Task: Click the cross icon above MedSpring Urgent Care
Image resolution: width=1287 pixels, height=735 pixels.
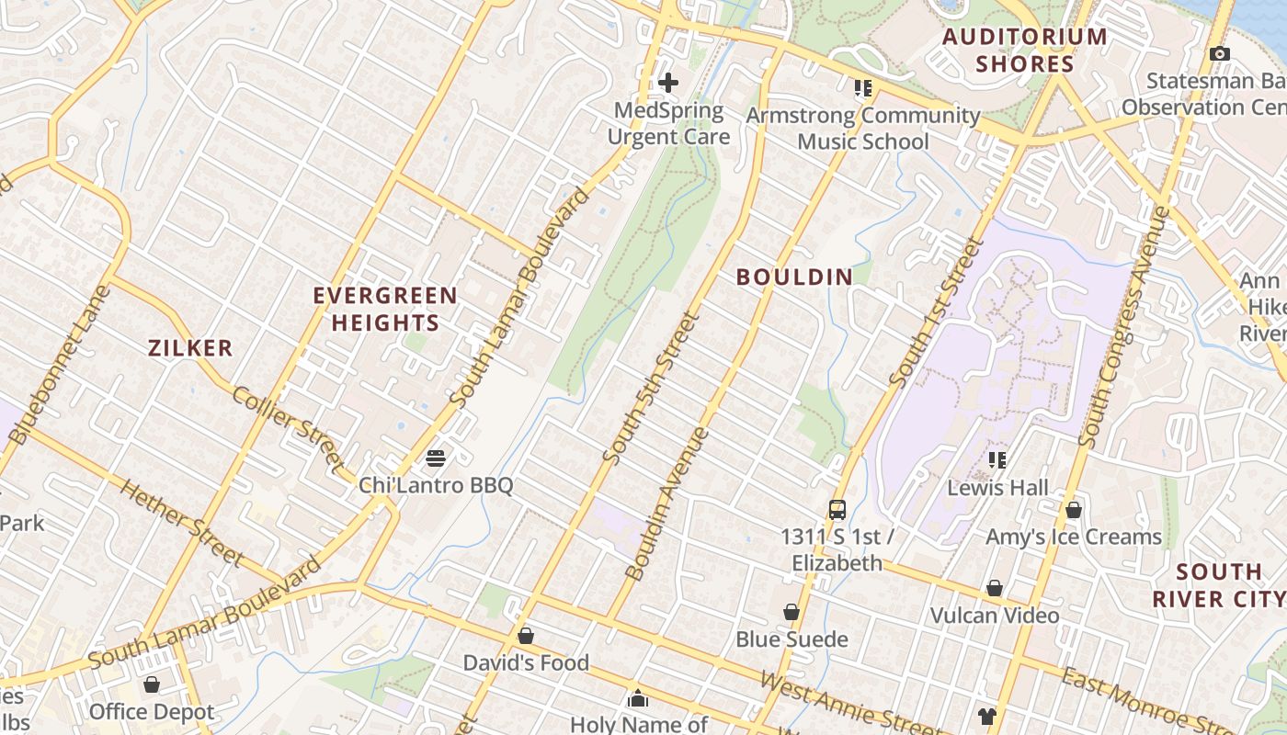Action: pos(668,83)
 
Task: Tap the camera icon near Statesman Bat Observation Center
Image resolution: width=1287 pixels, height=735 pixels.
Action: pos(1220,54)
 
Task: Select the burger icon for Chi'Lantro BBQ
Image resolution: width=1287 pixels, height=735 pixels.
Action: pos(436,458)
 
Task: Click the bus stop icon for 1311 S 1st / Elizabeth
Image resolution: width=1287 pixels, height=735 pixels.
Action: pos(837,509)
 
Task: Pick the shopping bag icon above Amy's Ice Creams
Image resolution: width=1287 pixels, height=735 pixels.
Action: pos(1073,510)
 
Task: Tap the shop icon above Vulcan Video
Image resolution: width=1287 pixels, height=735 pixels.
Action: pos(994,588)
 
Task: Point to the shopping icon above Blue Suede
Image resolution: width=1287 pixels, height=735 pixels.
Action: pos(791,612)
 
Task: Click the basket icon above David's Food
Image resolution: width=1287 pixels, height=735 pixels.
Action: pos(526,636)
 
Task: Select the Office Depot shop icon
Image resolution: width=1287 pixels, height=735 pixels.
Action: pos(152,685)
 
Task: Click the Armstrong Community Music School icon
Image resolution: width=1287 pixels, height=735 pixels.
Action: pos(862,88)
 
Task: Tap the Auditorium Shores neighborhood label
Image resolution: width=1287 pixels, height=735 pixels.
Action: pos(1025,51)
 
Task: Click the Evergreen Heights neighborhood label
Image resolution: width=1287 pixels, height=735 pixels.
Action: pos(385,309)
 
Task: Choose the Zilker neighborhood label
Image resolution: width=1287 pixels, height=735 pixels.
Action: pos(190,348)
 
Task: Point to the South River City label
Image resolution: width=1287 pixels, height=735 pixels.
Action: pos(1219,585)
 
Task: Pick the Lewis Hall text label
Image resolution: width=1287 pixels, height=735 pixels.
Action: pos(997,488)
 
